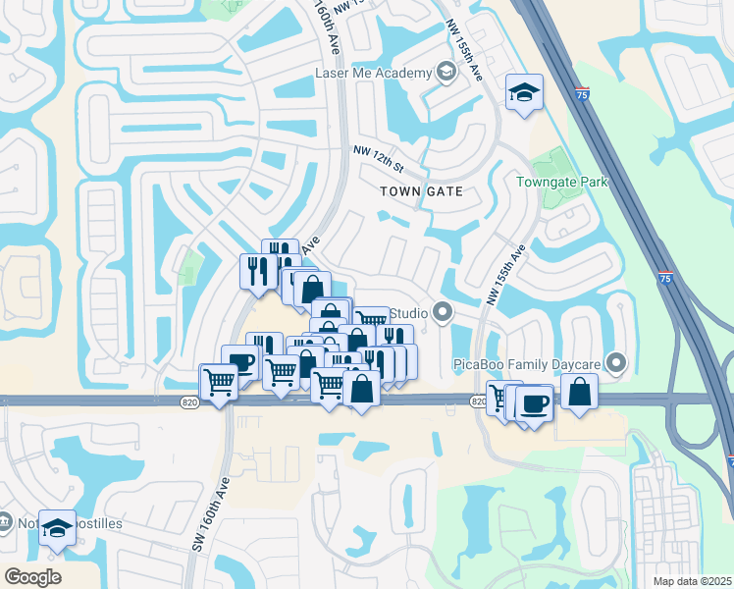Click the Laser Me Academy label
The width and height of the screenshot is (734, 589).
click(x=373, y=74)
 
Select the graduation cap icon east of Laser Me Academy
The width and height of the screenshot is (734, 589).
click(x=524, y=94)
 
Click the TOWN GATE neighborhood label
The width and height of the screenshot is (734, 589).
click(x=420, y=192)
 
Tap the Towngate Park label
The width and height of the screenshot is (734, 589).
click(x=562, y=182)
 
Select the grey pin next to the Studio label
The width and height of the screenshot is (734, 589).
click(x=443, y=313)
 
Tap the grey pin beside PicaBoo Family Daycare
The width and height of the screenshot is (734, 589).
click(x=616, y=363)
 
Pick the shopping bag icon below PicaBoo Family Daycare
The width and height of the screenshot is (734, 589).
click(x=580, y=392)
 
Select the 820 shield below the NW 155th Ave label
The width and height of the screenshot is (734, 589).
click(x=478, y=402)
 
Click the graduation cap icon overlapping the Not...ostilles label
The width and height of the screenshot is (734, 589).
click(x=58, y=528)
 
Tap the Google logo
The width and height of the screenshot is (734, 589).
click(x=32, y=576)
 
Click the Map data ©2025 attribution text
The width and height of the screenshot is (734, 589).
click(x=692, y=581)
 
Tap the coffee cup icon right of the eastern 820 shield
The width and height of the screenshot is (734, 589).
click(x=535, y=402)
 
